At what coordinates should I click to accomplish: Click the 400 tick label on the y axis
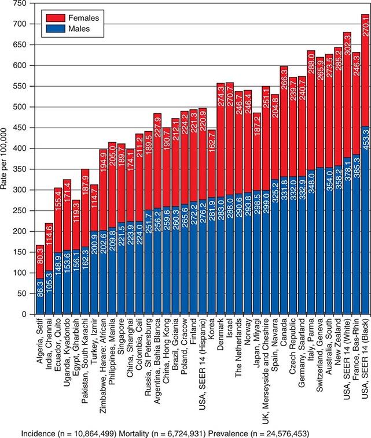tap(21, 149)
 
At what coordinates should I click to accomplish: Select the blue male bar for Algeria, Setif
tap(40, 296)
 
